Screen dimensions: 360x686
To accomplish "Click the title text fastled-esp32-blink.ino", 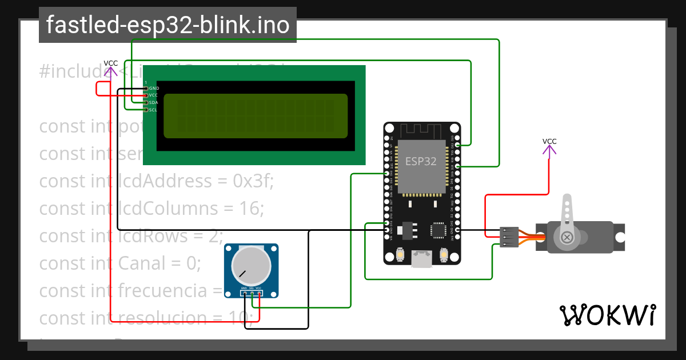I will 167,25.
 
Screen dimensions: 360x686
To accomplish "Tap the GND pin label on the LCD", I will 154,89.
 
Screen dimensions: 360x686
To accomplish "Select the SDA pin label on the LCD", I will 154,102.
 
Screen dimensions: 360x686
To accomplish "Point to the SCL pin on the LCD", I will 146,110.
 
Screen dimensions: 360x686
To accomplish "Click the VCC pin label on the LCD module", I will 153,95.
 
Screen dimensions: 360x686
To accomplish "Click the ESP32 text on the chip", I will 421,161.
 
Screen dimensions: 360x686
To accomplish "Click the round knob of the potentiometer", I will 251,266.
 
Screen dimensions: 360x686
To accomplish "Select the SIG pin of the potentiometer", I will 252,293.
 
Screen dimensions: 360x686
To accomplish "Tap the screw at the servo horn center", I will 567,237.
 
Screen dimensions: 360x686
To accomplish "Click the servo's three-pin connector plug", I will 509,237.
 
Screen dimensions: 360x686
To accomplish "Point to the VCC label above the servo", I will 549,141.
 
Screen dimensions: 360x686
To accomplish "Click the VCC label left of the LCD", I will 111,63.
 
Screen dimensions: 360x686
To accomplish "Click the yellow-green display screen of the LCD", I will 256,116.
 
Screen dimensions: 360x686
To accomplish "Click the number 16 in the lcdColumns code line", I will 250,208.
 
